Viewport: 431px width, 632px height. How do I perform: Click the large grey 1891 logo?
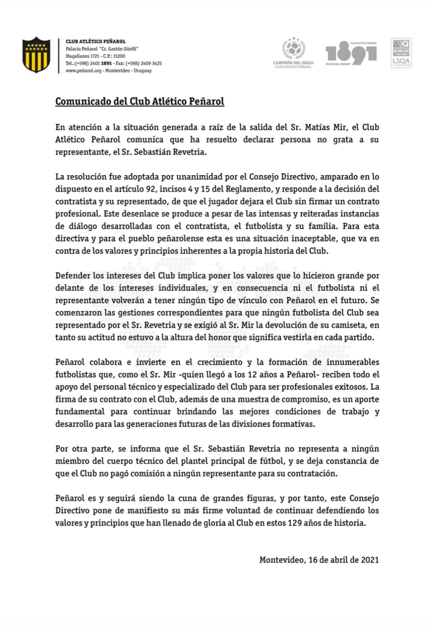point(351,53)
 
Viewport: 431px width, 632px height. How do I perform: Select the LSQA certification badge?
point(401,53)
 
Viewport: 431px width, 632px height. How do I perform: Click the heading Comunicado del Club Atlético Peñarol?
point(140,102)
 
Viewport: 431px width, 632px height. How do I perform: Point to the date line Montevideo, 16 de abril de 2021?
point(319,560)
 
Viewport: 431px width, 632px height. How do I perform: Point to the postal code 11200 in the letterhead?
point(119,56)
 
